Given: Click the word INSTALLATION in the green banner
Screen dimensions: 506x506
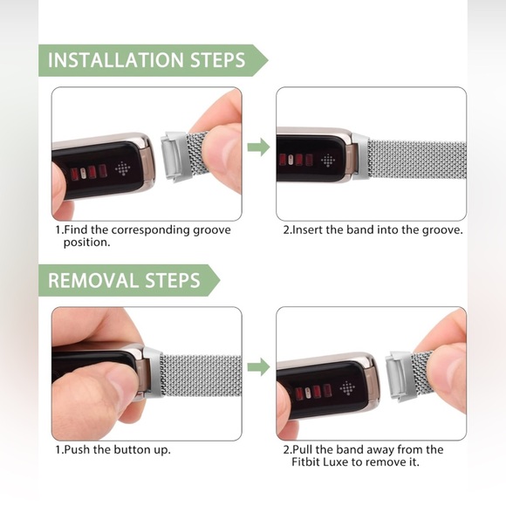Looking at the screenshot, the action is [x=115, y=60].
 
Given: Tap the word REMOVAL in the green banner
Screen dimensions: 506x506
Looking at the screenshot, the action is [x=93, y=280].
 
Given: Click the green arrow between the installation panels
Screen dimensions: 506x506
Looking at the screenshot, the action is [x=259, y=147].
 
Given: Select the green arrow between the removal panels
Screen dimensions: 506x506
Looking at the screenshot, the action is [x=259, y=367].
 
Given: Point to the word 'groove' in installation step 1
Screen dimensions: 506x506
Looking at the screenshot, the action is [x=212, y=230].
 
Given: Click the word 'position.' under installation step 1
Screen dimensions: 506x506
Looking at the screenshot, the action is [x=87, y=243].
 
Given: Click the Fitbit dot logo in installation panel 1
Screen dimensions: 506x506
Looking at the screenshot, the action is [x=123, y=168].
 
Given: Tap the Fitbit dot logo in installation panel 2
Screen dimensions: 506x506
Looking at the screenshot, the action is [x=328, y=161].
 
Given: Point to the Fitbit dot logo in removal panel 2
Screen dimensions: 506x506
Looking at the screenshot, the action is [x=347, y=388].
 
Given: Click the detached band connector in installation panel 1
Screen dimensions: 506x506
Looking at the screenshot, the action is [x=174, y=156].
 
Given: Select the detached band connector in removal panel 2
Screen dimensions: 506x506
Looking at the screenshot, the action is [x=400, y=376].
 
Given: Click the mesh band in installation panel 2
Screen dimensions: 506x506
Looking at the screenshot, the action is [x=417, y=160].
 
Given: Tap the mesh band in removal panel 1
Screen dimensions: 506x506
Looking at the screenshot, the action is [x=201, y=376].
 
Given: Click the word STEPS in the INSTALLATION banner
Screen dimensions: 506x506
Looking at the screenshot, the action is [x=218, y=60].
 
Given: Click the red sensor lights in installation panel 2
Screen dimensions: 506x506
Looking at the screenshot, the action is [x=296, y=160].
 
